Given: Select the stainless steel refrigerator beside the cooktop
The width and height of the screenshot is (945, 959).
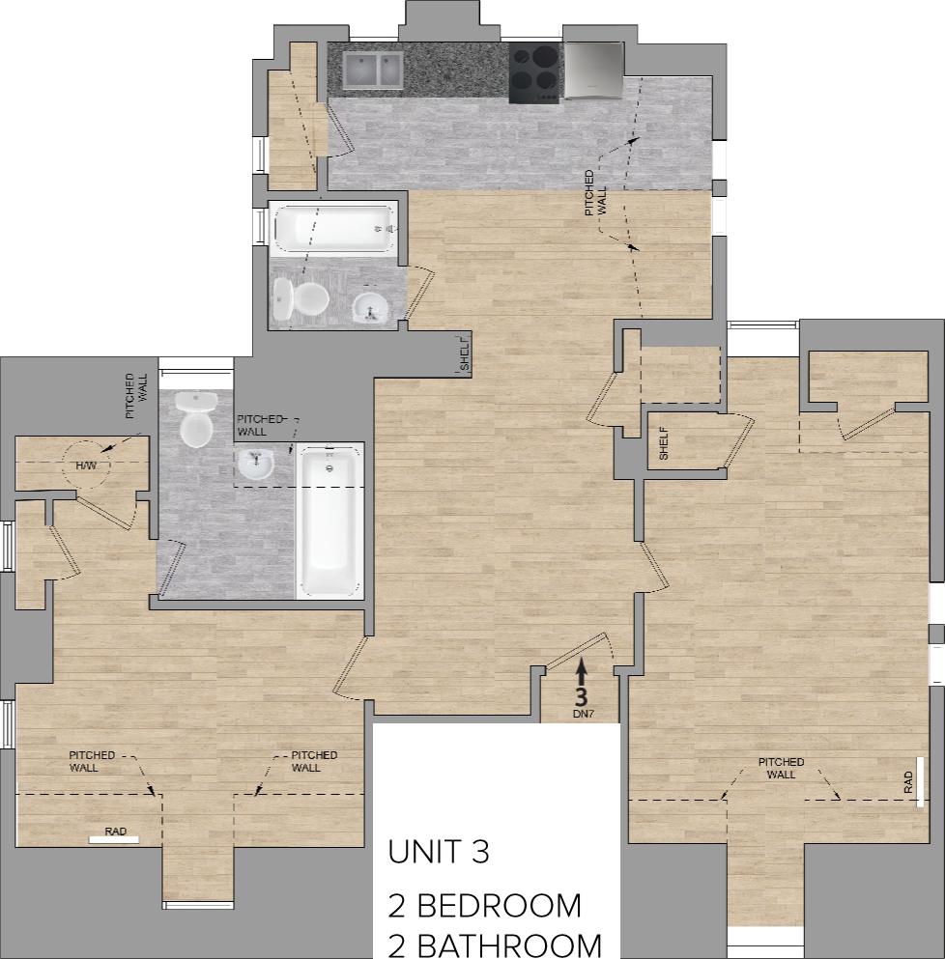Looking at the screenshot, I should [x=592, y=71].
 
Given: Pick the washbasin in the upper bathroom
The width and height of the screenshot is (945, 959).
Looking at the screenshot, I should [x=369, y=308].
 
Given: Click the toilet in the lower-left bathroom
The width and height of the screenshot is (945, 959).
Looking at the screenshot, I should [x=196, y=419].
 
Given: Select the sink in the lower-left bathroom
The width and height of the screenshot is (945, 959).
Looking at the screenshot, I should [x=256, y=465].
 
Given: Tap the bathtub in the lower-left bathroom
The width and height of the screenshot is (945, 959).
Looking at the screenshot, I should [x=329, y=522].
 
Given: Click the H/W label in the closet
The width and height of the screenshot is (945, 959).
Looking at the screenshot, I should [x=87, y=466].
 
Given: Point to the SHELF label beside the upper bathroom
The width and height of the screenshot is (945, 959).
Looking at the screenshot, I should [x=464, y=353].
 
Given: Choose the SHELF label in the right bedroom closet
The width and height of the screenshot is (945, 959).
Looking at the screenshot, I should [x=664, y=443].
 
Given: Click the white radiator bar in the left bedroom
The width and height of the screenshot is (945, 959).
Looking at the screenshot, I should [x=114, y=839].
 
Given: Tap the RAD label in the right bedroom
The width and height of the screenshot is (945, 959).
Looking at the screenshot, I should [x=908, y=781].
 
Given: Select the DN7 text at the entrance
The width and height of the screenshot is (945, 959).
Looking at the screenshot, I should [x=582, y=713].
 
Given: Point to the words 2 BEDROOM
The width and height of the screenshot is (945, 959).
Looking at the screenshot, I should [x=484, y=906].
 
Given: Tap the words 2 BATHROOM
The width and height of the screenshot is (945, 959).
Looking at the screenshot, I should [x=495, y=945].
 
